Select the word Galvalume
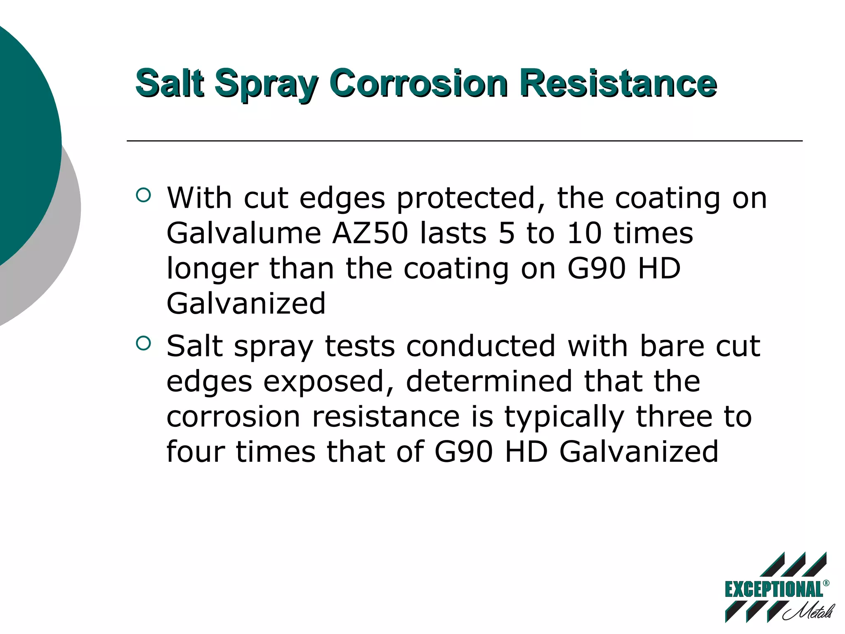point(244,233)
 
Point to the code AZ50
point(370,233)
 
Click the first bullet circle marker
point(143,195)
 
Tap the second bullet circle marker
point(143,343)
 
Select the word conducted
point(481,346)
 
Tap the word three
point(674,416)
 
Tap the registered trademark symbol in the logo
point(826,583)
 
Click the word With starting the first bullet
point(199,198)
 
